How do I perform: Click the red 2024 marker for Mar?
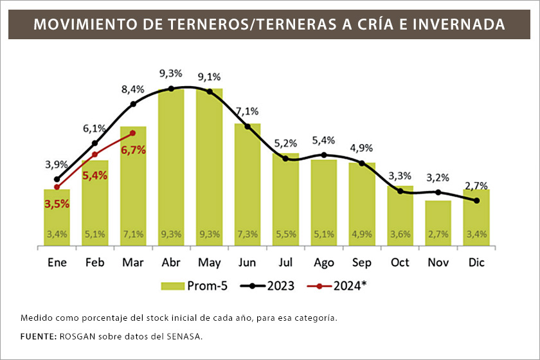pos(133,133)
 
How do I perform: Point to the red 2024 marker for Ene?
pos(57,187)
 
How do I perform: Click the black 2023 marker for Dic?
pos(476,201)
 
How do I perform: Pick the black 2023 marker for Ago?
pos(324,155)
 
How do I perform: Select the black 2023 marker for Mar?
pos(133,104)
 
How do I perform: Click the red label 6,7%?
pos(133,150)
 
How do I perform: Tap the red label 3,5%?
pos(57,204)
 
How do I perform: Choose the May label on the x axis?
pos(210,263)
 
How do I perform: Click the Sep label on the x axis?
pos(362,263)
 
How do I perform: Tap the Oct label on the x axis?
pos(400,263)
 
